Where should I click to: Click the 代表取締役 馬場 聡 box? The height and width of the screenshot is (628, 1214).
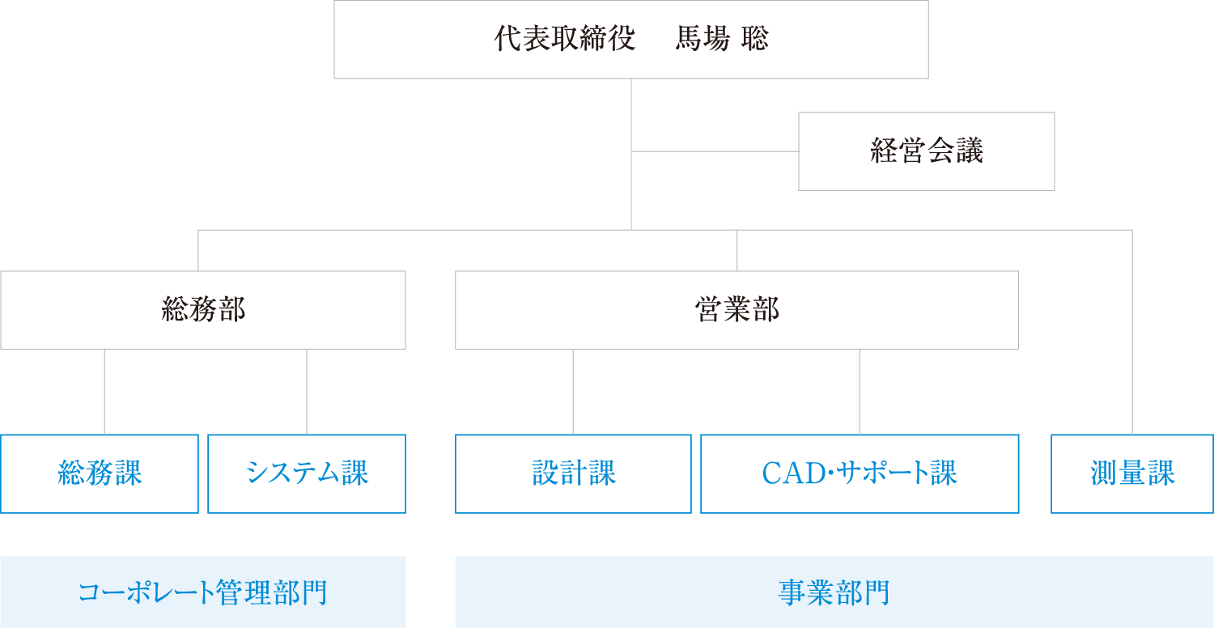630,40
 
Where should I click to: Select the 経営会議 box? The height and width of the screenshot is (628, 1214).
926,151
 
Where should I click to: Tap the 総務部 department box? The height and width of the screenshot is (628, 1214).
202,310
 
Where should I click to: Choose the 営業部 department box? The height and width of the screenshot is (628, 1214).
736,310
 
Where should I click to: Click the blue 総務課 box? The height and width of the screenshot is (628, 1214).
99,474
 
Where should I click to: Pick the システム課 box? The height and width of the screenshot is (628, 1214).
306,474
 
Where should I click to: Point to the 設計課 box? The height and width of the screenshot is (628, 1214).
573,474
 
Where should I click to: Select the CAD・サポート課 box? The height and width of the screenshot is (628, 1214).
859,474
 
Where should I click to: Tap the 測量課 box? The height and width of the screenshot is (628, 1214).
1131,474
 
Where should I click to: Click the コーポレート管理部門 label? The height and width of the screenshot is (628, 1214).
202,592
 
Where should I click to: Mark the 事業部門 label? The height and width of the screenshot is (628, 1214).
834,592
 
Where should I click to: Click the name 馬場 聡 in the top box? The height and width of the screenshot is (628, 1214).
721,40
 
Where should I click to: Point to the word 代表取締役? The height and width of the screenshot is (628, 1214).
565,40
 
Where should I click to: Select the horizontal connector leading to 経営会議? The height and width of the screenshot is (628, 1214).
715,151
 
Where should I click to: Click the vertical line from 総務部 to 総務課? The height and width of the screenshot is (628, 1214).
104,392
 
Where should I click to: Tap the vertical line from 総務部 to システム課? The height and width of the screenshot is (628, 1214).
307,392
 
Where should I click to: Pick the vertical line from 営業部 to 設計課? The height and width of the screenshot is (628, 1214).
573,392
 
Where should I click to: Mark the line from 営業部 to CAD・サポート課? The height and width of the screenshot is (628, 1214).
860,392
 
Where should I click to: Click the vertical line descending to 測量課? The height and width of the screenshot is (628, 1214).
1131,332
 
